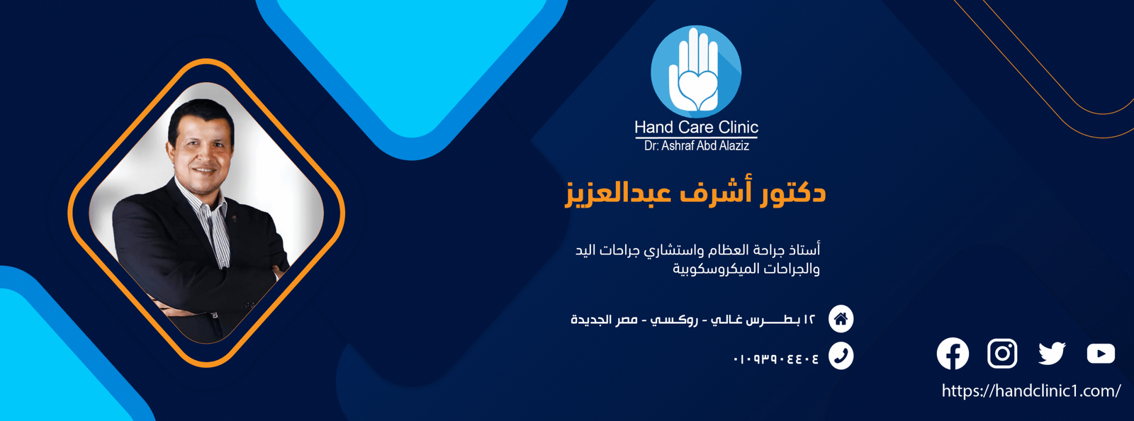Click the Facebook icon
pos(953,353)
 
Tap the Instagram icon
pos(1002,353)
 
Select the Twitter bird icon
pos(1052,353)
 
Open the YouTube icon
pos(1101,353)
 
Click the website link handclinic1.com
pos(1031,391)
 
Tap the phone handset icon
pos(841,356)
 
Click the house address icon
pos(841,319)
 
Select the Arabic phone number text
pos(775,359)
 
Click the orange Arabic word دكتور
pos(792,193)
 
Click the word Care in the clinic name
pos(695,127)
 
